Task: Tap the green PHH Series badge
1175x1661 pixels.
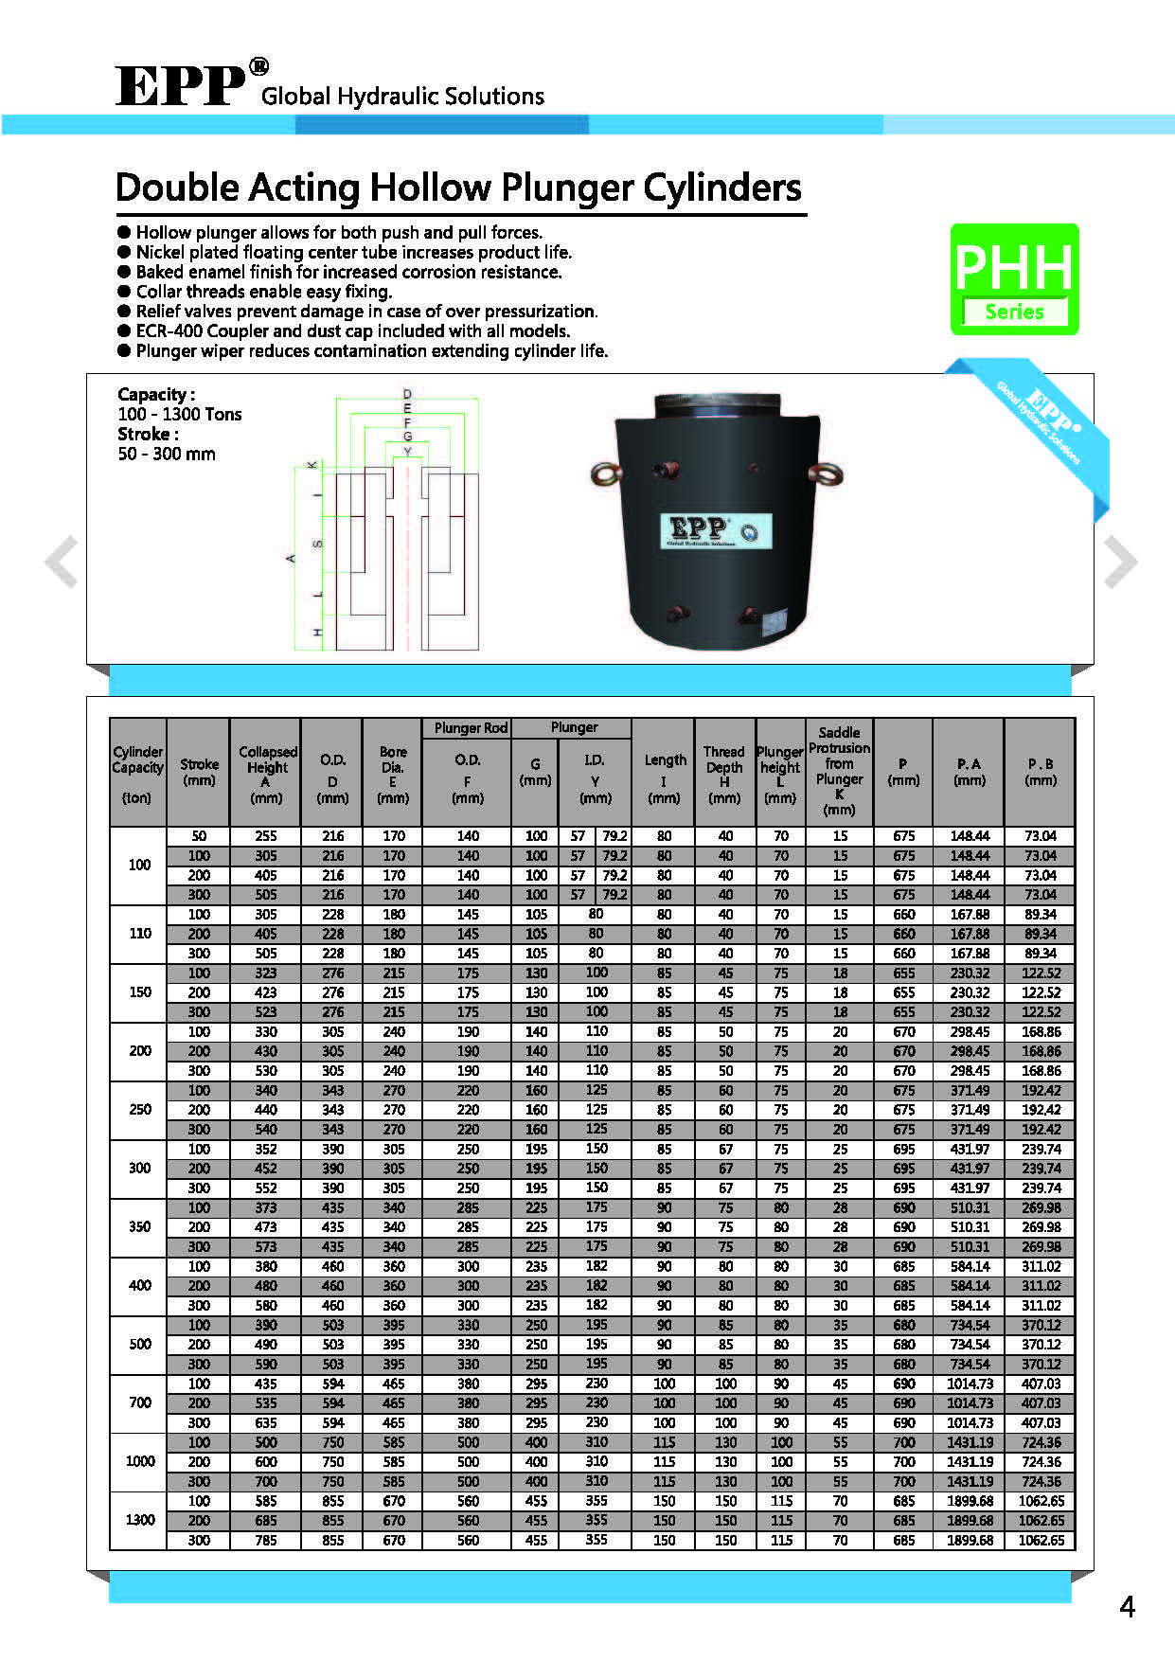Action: click(x=1014, y=279)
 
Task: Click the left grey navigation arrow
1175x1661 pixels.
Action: click(x=62, y=562)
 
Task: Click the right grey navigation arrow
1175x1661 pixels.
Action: click(x=1120, y=562)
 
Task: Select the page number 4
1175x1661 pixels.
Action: click(x=1127, y=1607)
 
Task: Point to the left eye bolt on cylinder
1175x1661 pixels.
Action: click(x=603, y=473)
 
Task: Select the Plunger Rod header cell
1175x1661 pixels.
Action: click(x=471, y=728)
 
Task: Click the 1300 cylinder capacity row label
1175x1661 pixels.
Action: click(x=139, y=1520)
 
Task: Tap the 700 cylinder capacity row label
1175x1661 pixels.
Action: click(x=139, y=1402)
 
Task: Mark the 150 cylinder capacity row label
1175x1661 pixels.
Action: click(x=139, y=992)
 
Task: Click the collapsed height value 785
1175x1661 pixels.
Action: click(x=266, y=1540)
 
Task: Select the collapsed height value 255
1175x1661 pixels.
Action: click(x=266, y=836)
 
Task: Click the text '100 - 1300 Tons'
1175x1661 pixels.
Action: click(x=180, y=414)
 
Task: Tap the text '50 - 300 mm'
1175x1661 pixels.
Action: click(x=167, y=454)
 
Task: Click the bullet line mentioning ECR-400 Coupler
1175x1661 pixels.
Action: click(x=352, y=330)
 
